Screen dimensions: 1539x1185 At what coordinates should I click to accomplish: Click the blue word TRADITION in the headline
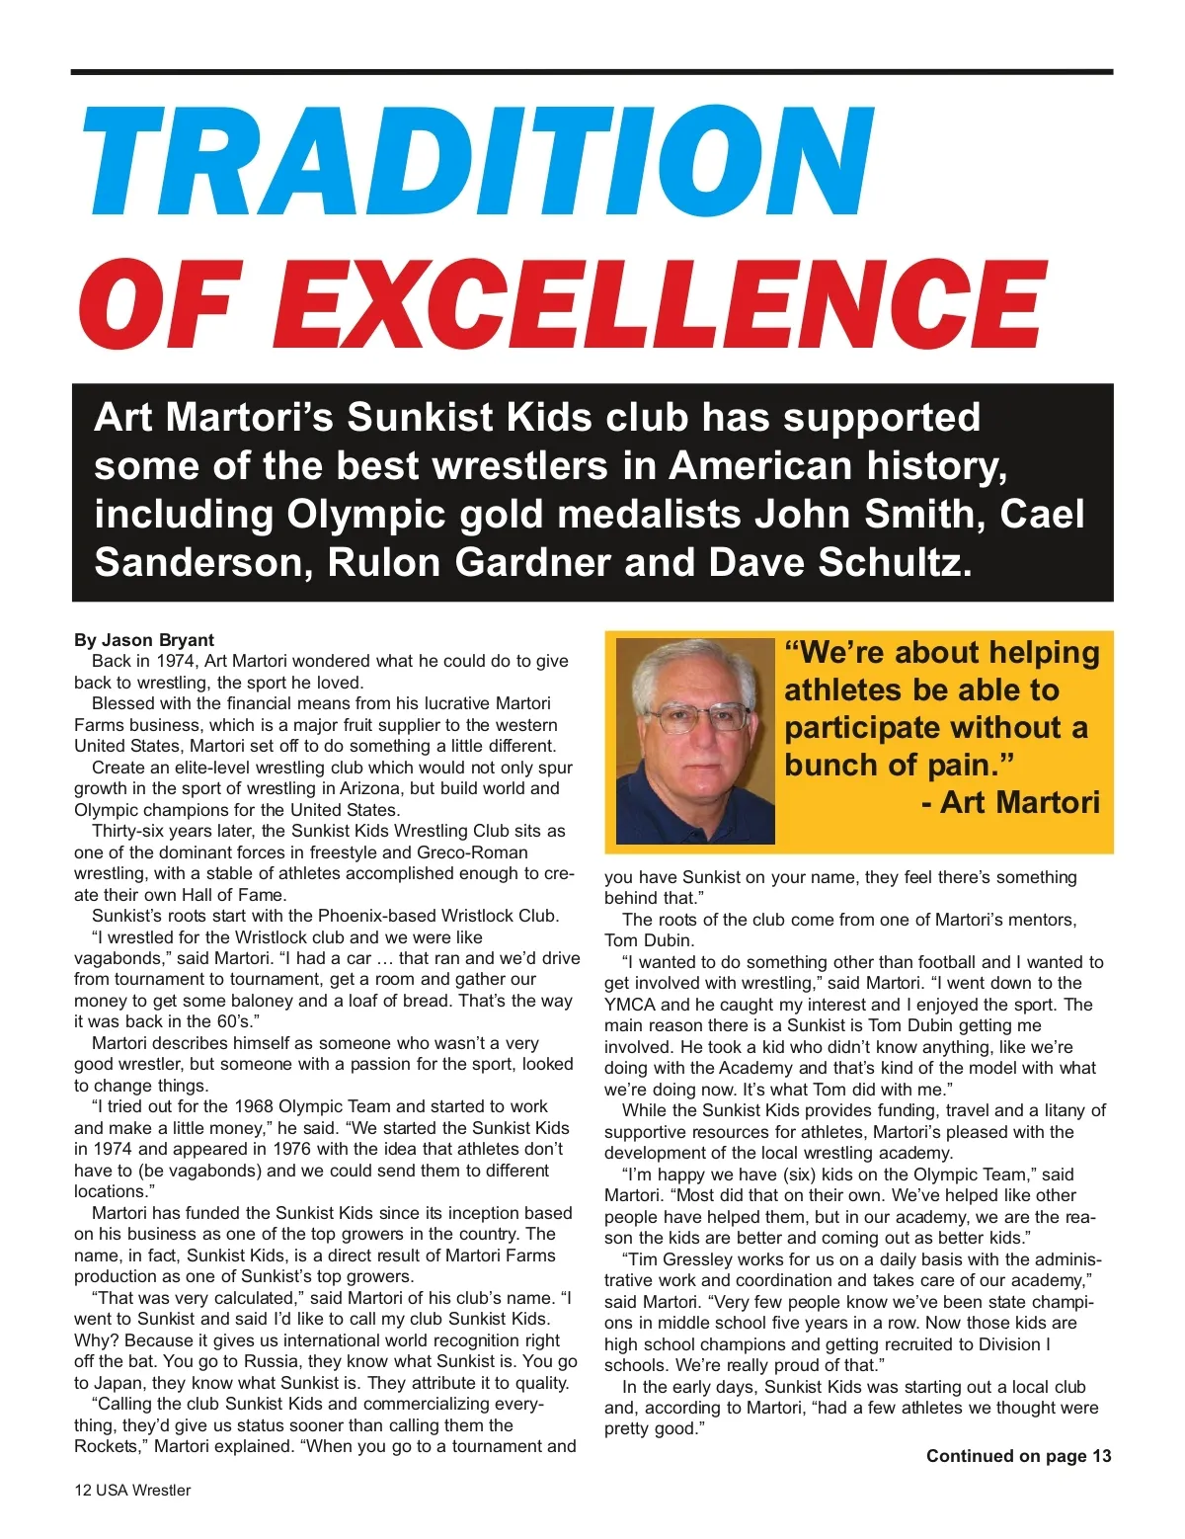tap(478, 160)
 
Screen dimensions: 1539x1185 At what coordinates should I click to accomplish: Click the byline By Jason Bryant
tap(144, 640)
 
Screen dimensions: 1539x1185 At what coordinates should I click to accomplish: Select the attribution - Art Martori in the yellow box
tap(1010, 802)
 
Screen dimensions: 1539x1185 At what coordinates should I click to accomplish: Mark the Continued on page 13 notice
tap(1018, 1456)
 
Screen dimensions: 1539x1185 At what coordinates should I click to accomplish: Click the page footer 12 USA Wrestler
tap(132, 1490)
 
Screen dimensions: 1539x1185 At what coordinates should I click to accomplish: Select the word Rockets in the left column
tap(108, 1446)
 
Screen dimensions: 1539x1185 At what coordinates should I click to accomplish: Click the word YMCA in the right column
tap(629, 1005)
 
